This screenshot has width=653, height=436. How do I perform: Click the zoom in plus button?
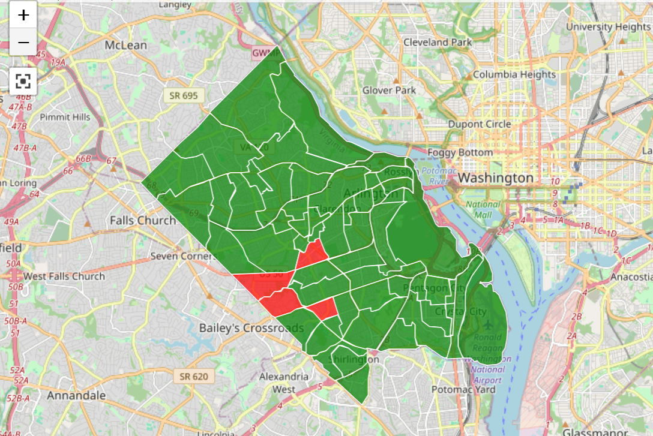coord(23,15)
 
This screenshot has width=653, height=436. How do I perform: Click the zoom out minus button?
coord(23,43)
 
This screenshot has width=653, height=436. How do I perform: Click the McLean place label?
coord(126,46)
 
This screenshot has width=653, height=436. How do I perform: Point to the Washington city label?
coord(496,178)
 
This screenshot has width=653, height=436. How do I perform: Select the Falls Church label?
coord(143,220)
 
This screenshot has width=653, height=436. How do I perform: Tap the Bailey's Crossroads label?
coord(251,328)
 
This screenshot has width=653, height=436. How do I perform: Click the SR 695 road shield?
coord(184,95)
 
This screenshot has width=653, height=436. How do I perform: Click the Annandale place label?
coord(76,395)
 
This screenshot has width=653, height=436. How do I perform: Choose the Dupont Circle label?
coord(480,124)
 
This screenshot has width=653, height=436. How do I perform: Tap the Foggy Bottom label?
coord(460,152)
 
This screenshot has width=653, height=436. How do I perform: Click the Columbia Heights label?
coord(514,74)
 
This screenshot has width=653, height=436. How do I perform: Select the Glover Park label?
coord(389,90)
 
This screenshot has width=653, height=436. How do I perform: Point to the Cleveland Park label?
coord(438,42)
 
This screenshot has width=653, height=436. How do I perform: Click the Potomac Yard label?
coord(464,389)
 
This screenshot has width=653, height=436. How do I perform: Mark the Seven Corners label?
coord(182,256)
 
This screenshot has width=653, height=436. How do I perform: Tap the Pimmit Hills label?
coord(65,117)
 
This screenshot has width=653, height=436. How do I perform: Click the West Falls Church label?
coord(64,276)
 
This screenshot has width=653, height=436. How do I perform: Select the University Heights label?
coord(607,26)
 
